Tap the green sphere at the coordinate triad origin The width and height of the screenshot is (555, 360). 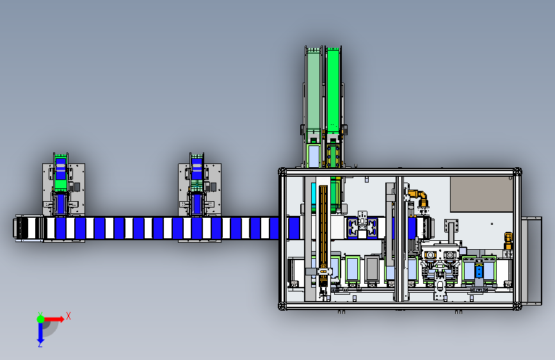click(x=40, y=319)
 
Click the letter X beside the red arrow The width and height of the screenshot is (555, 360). click(x=68, y=316)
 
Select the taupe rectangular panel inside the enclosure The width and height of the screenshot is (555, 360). click(x=481, y=194)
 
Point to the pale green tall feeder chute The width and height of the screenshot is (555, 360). click(x=313, y=90)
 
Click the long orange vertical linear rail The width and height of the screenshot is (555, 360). click(x=323, y=235)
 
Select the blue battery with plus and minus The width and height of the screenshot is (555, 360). click(x=479, y=272)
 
